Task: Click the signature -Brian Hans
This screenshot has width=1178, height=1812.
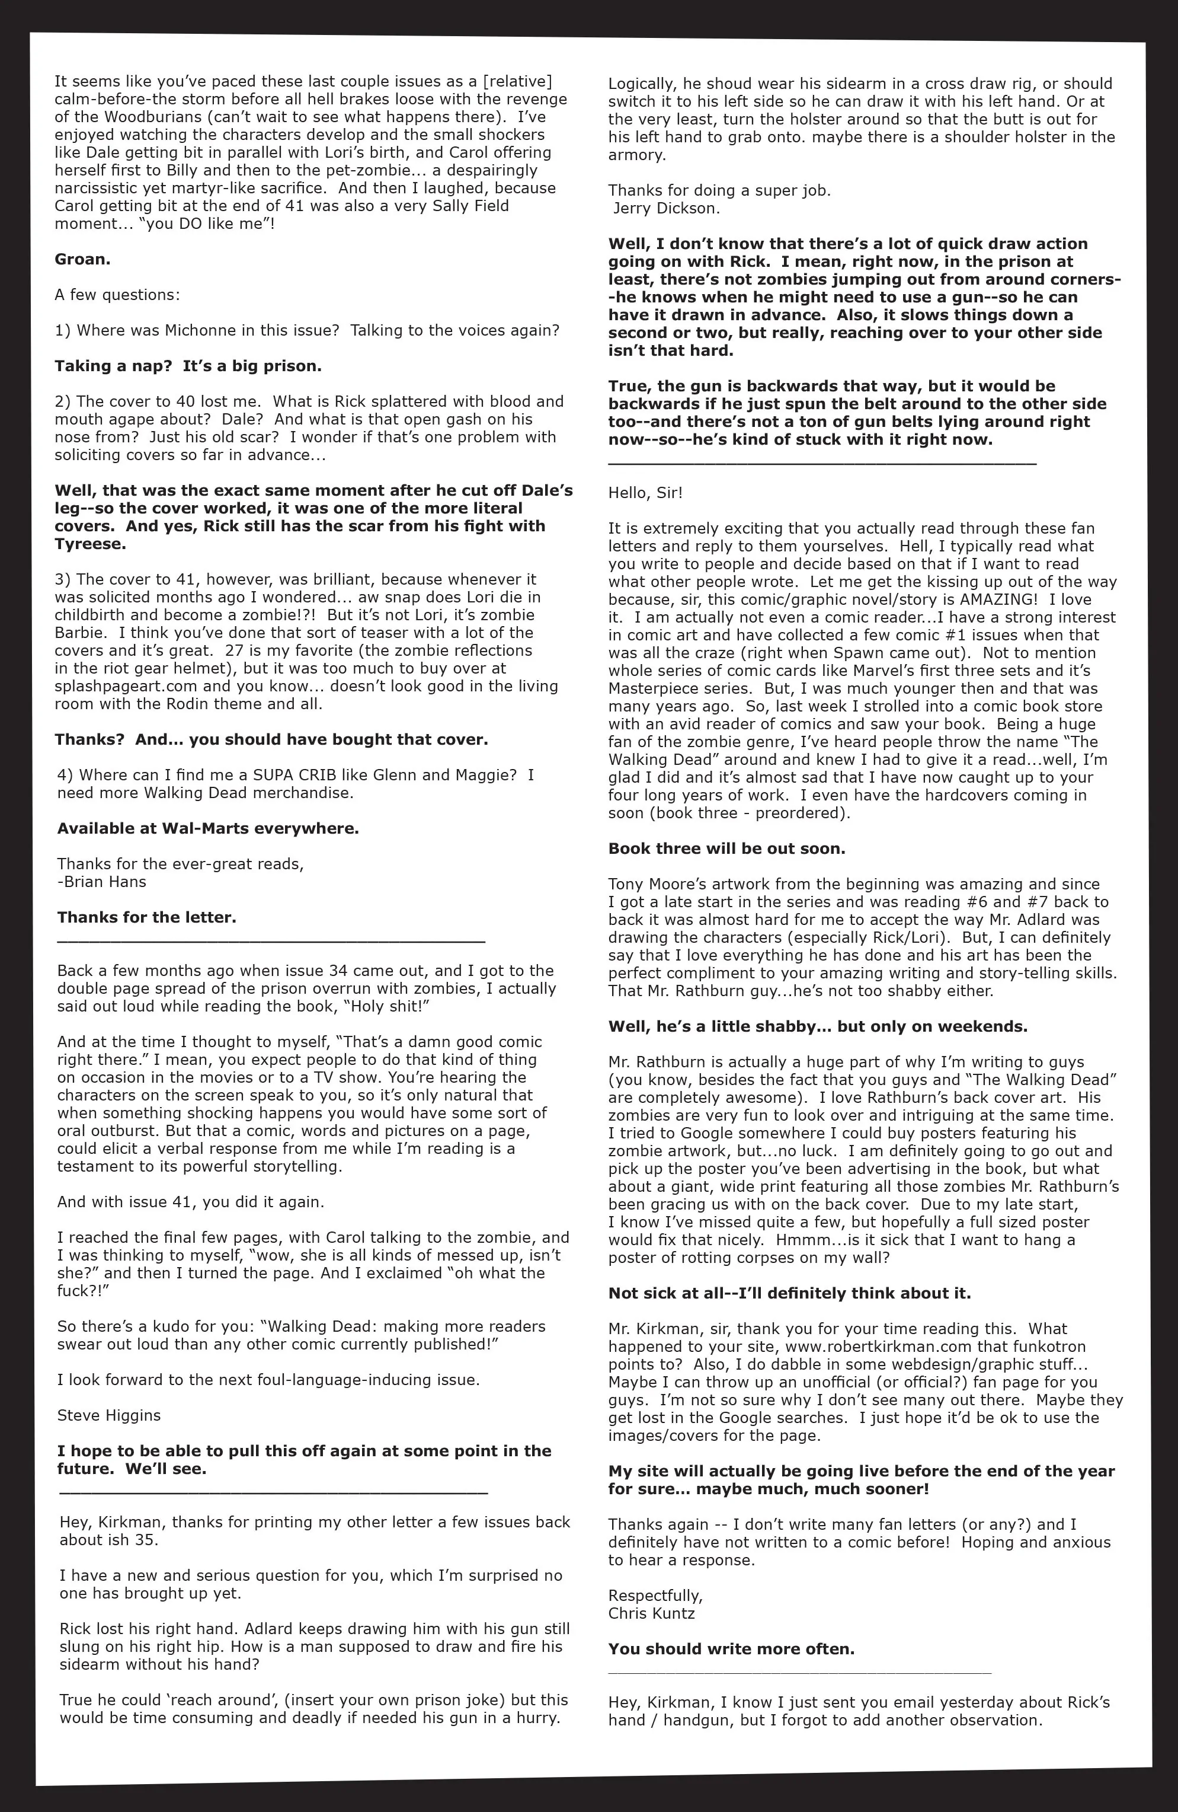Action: (101, 882)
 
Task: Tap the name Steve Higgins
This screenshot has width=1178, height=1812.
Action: (109, 1415)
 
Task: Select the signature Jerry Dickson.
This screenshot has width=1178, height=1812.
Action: (664, 208)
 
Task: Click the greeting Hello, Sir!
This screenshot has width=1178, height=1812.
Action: (645, 493)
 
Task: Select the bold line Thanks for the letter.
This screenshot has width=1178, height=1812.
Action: (146, 917)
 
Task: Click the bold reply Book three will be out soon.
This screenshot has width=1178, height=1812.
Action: (726, 849)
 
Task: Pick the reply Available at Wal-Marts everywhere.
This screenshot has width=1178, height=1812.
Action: (208, 828)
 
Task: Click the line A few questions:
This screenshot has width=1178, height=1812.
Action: (117, 295)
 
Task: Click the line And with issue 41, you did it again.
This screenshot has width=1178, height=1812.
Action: (190, 1202)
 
